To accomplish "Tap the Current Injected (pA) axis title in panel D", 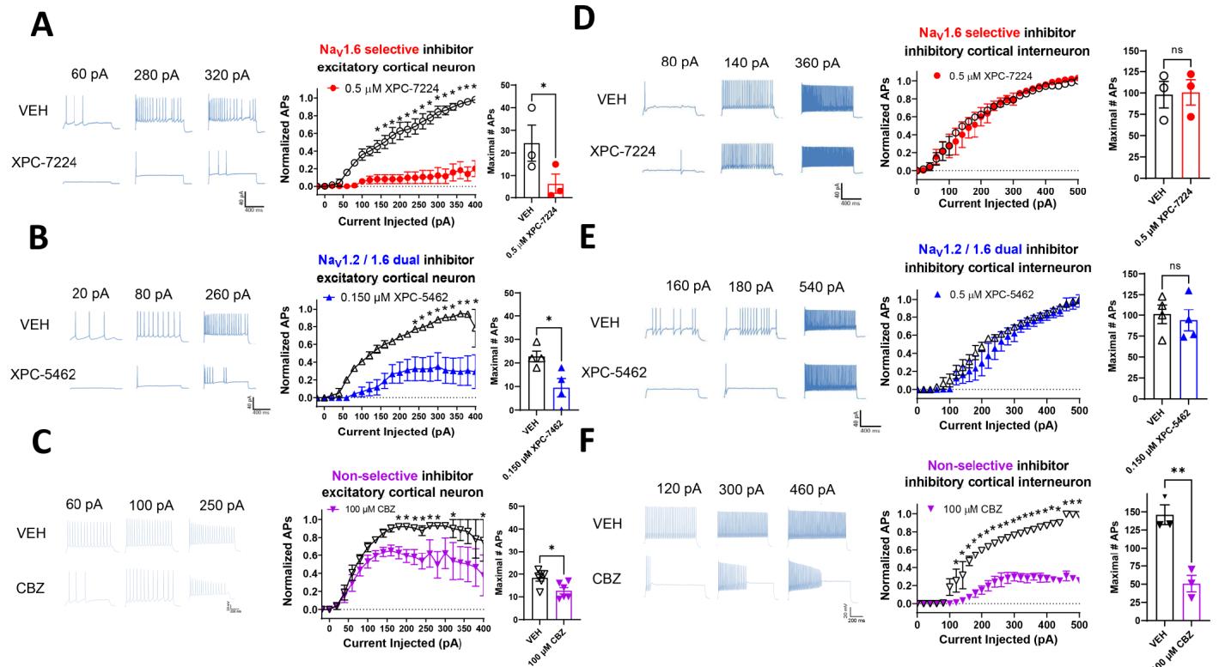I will tap(996, 203).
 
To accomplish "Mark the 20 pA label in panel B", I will tap(92, 294).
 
